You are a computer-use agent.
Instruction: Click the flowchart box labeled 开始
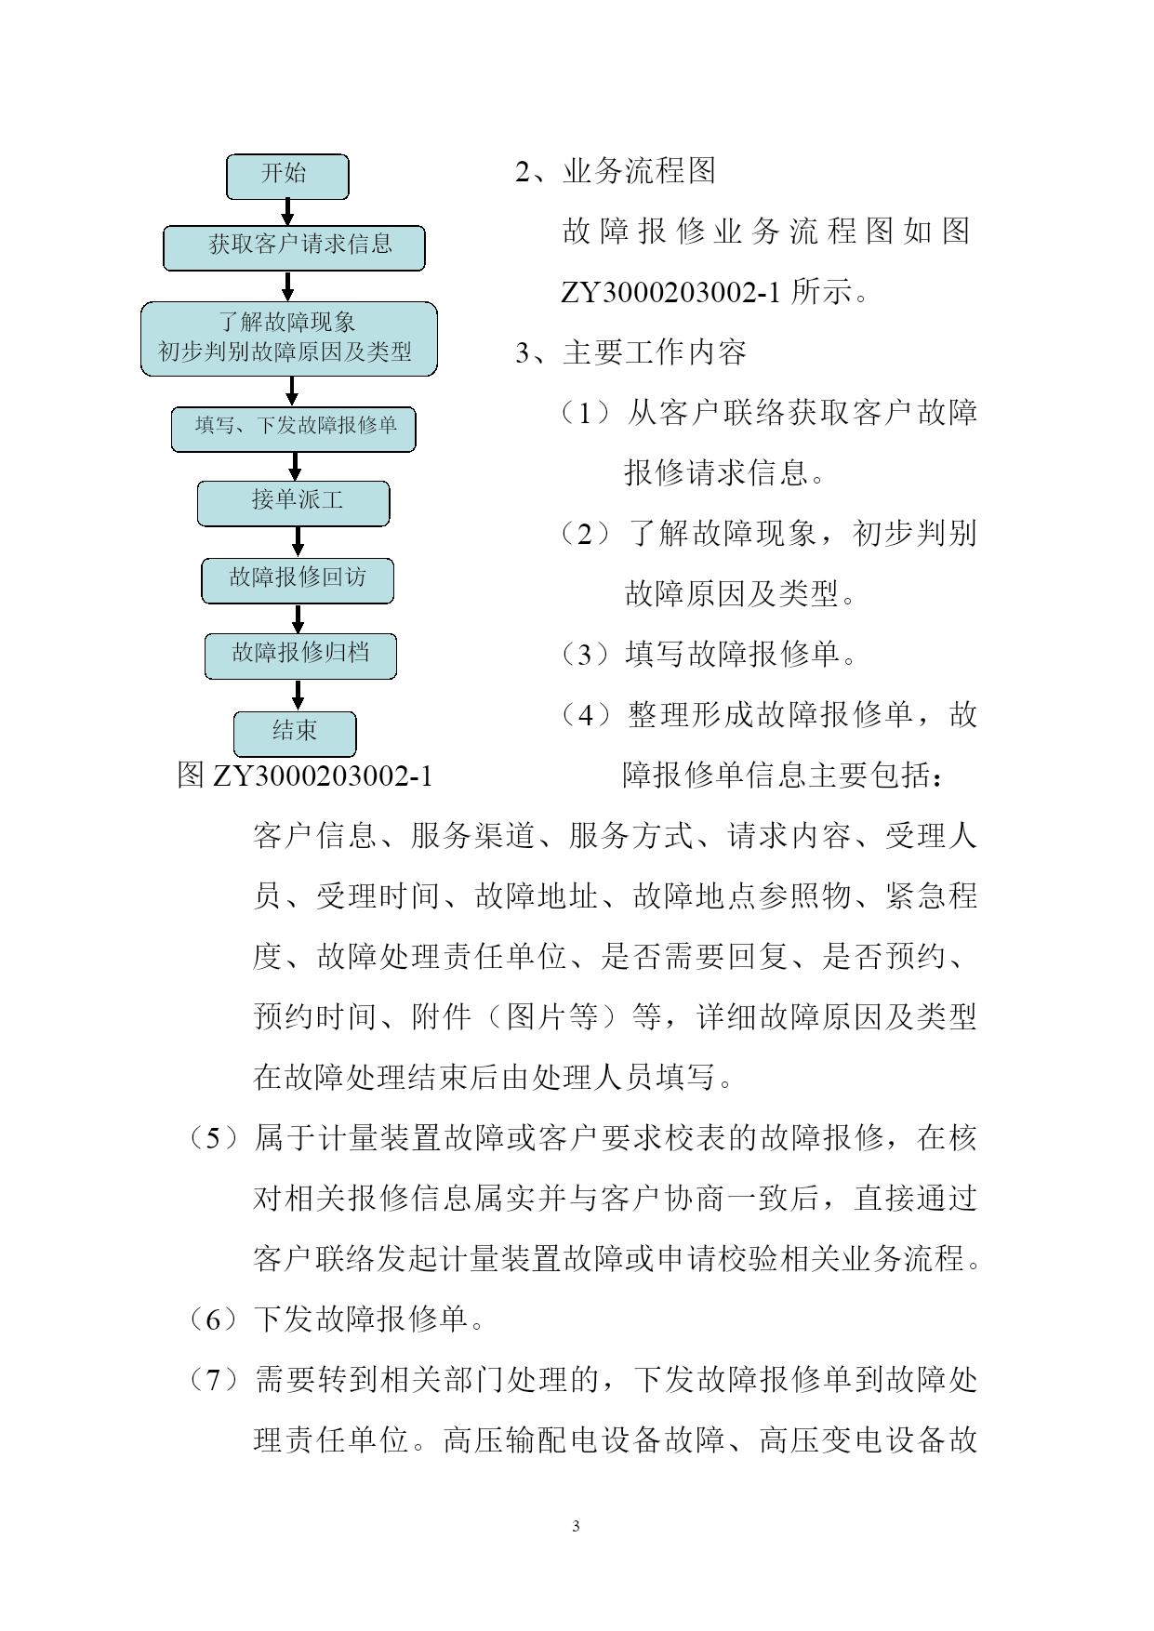pyautogui.click(x=287, y=177)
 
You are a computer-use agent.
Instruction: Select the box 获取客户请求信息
pyautogui.click(x=294, y=248)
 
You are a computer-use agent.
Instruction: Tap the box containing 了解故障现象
pyautogui.click(x=289, y=339)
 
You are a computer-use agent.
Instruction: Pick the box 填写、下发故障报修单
pyautogui.click(x=294, y=430)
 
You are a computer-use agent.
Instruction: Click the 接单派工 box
pyautogui.click(x=294, y=503)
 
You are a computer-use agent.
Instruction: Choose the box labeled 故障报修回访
pyautogui.click(x=298, y=581)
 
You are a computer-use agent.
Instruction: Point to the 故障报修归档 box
pyautogui.click(x=301, y=656)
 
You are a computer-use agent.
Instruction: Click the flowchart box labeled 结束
pyautogui.click(x=295, y=735)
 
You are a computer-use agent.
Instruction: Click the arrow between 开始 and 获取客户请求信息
pyautogui.click(x=287, y=213)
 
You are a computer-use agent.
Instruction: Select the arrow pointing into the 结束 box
pyautogui.click(x=298, y=696)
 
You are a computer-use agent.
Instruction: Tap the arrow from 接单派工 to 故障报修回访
pyautogui.click(x=298, y=542)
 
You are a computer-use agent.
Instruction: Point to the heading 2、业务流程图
pyautogui.click(x=615, y=172)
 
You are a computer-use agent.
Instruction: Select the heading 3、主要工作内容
pyautogui.click(x=630, y=353)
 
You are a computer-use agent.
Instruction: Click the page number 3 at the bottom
pyautogui.click(x=576, y=1526)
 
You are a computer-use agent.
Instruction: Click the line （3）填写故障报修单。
pyautogui.click(x=708, y=656)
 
